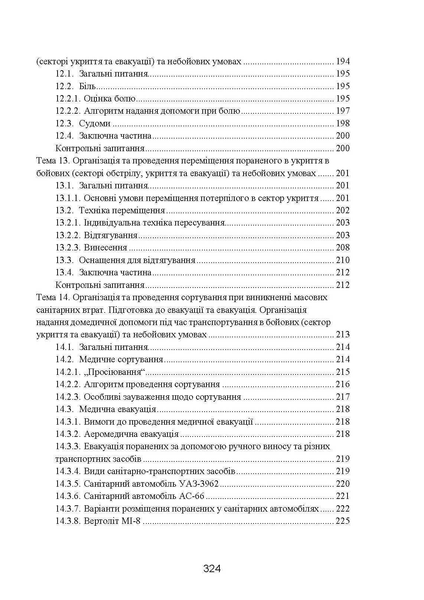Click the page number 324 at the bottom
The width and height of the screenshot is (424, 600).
pyautogui.click(x=212, y=568)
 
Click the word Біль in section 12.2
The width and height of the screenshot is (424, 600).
pyautogui.click(x=87, y=86)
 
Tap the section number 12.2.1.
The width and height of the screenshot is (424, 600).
pyautogui.click(x=68, y=99)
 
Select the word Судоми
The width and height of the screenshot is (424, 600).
pyautogui.click(x=95, y=123)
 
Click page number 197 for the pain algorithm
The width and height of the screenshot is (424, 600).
pyautogui.click(x=342, y=111)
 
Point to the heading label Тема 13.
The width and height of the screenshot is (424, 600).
pyautogui.click(x=53, y=161)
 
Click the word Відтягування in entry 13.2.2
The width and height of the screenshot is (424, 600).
pyautogui.click(x=111, y=236)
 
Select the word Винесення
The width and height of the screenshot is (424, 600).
pyautogui.click(x=105, y=248)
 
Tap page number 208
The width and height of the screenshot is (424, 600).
pyautogui.click(x=342, y=248)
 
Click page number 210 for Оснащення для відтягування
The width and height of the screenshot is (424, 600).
pyautogui.click(x=342, y=260)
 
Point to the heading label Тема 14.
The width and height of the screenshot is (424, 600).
pyautogui.click(x=53, y=298)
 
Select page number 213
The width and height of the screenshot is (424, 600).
pyautogui.click(x=342, y=335)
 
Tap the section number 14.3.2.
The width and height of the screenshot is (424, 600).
pyautogui.click(x=68, y=434)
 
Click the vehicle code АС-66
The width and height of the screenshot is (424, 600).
pyautogui.click(x=192, y=496)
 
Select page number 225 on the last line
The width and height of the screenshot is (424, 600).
pyautogui.click(x=342, y=521)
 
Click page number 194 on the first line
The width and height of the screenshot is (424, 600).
pyautogui.click(x=342, y=61)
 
